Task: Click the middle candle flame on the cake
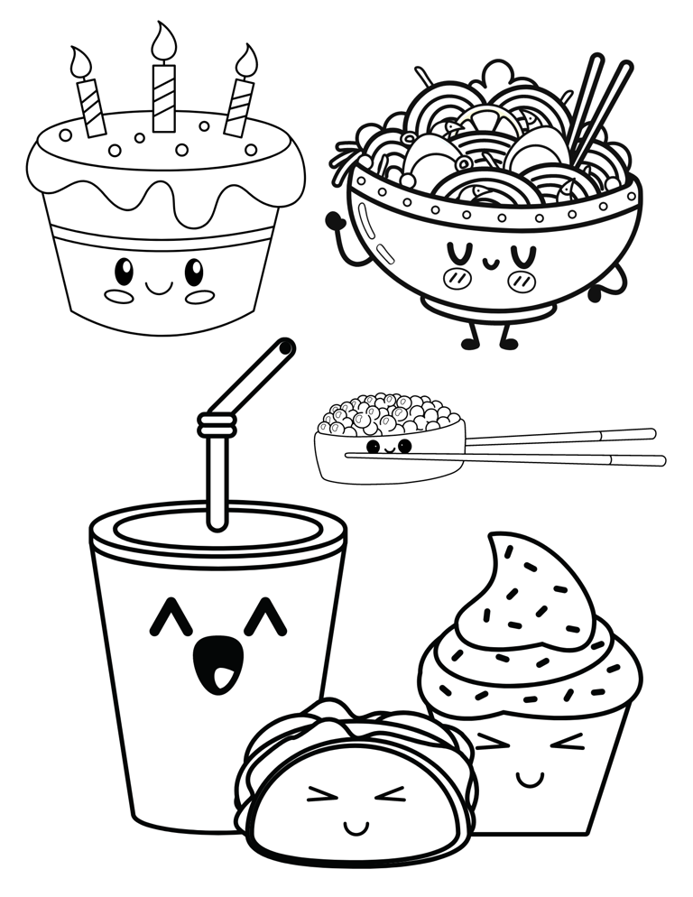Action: (163, 42)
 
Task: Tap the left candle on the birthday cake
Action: (91, 106)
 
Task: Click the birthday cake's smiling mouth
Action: (159, 288)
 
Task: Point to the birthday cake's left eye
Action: (125, 269)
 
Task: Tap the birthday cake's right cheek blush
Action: (199, 296)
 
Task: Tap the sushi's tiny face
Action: (389, 447)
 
